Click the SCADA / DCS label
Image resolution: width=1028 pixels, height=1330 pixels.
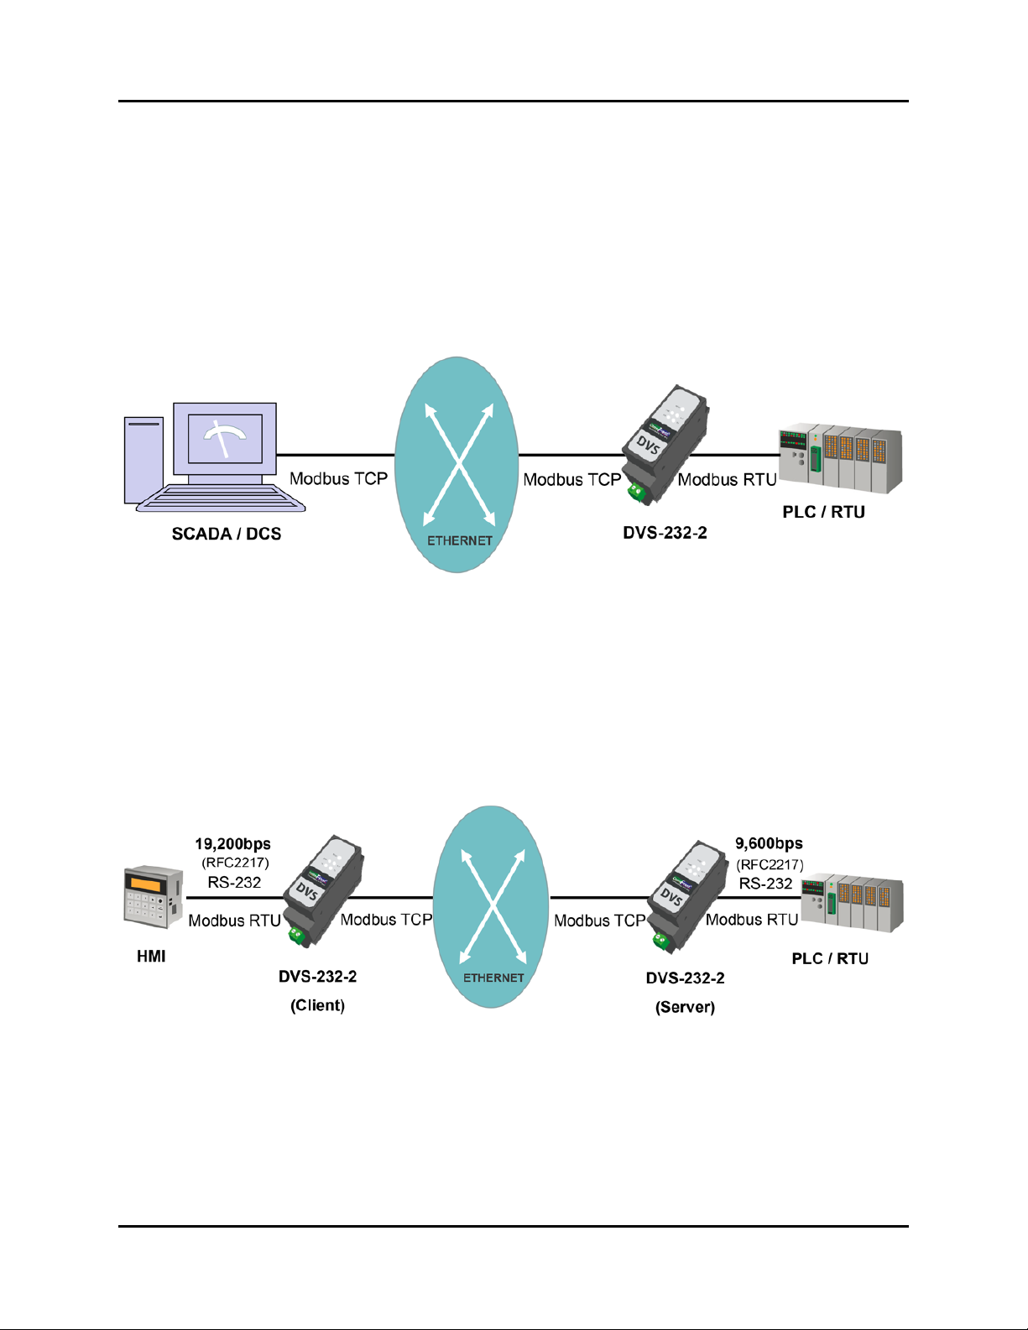[226, 535]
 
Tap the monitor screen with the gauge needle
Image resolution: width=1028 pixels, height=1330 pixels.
[225, 438]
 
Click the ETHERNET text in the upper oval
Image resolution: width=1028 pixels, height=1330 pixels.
[459, 540]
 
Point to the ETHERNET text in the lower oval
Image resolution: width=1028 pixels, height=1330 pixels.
[493, 978]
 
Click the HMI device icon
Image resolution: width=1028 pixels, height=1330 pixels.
[153, 897]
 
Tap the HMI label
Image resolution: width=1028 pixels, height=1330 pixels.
[151, 957]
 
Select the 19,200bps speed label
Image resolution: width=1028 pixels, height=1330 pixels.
[232, 844]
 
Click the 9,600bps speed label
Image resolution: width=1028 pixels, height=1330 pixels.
[769, 843]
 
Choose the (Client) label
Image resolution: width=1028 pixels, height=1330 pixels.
[317, 1005]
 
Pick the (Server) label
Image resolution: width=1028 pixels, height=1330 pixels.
[685, 1007]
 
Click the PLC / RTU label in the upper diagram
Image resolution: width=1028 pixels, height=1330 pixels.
[823, 512]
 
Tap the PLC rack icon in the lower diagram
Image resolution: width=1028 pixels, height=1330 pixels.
[851, 904]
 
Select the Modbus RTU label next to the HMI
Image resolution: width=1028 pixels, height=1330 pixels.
[234, 921]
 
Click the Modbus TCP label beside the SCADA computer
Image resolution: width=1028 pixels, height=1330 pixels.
[338, 479]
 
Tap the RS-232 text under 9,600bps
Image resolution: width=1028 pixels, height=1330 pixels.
[765, 884]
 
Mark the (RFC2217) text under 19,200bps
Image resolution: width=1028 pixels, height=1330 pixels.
[235, 863]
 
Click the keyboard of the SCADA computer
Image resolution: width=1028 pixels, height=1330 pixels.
[221, 498]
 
